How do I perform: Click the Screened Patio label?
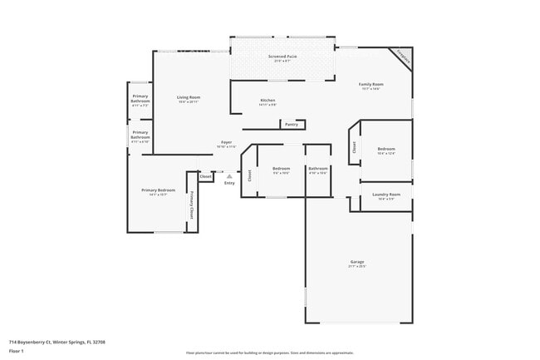coord(282,57)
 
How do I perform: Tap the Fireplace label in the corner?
coord(403,58)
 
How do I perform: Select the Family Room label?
coord(371,85)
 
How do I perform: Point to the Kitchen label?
coord(268,101)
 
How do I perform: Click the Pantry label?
coord(291,124)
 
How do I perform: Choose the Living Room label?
coord(189,97)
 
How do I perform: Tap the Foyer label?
coord(226,143)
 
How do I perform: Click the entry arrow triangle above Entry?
coord(229,175)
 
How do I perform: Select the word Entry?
coord(229,183)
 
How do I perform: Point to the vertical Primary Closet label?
coord(192,205)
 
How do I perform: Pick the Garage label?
coord(356,262)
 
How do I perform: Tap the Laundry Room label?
coord(386,195)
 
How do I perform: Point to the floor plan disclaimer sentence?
coord(270,353)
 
